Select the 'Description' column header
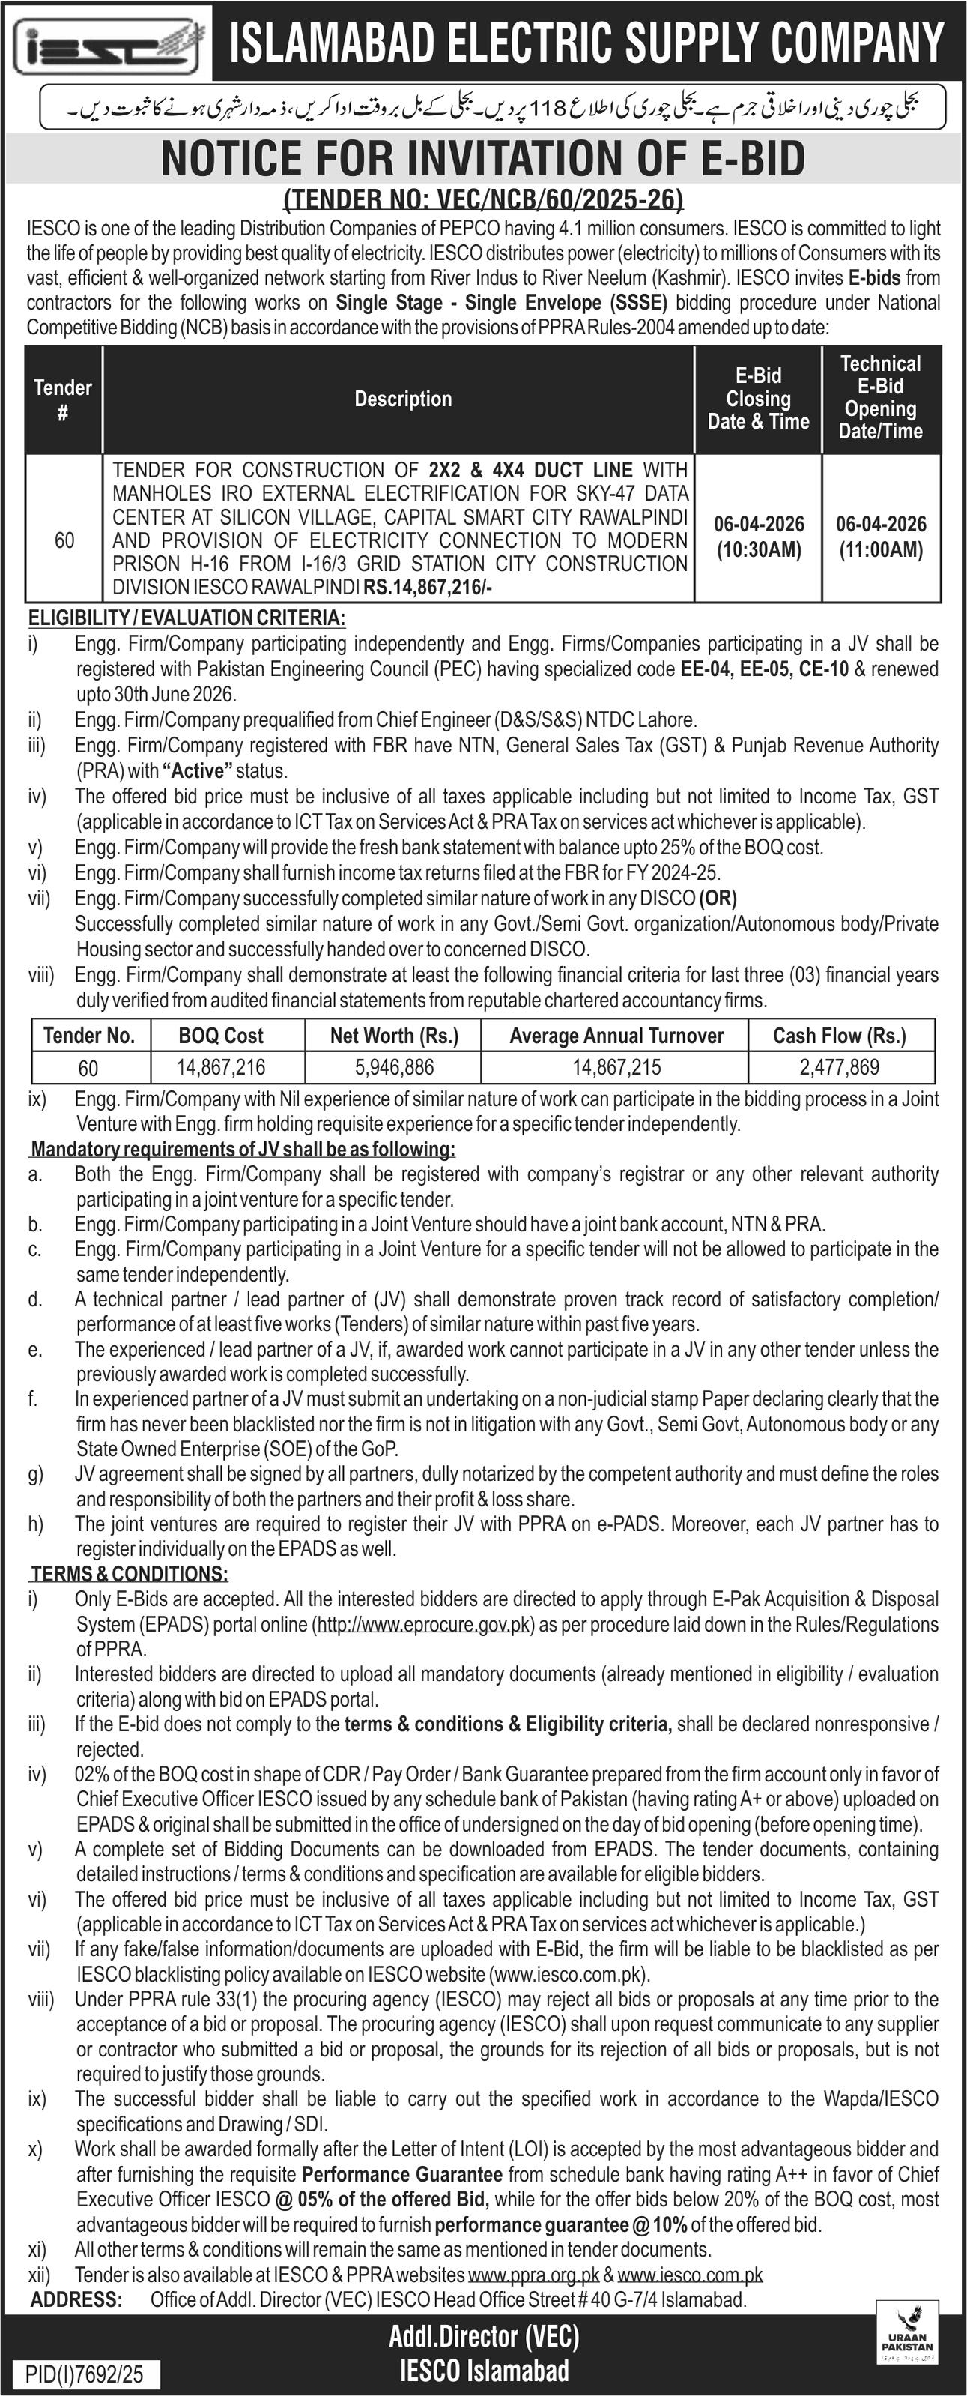(403, 399)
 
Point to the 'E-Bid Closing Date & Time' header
(758, 399)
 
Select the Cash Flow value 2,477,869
(839, 1068)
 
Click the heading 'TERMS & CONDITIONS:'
(130, 1574)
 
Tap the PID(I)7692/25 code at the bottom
(85, 2374)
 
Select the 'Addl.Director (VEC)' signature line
(484, 2337)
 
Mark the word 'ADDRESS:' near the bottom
(76, 2299)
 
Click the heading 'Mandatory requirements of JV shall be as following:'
(243, 1149)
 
